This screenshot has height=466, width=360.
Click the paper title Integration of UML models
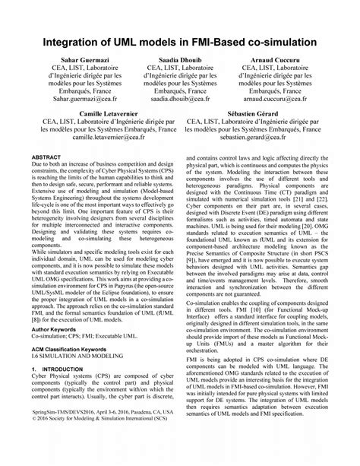coord(180,38)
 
